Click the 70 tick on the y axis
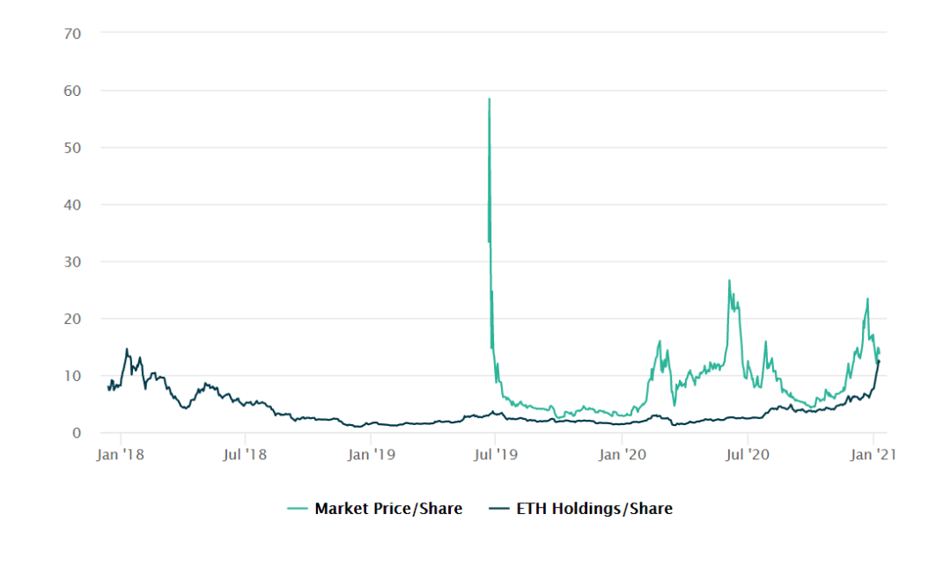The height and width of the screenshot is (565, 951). pos(73,33)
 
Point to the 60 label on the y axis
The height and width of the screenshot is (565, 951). pos(73,91)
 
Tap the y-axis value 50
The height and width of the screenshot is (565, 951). pos(73,148)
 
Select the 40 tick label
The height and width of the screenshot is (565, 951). pos(73,205)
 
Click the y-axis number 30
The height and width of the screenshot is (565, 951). pos(73,262)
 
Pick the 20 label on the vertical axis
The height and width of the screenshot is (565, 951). pos(73,319)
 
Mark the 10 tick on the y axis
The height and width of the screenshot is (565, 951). pos(73,376)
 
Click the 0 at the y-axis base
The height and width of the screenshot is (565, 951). pos(77,433)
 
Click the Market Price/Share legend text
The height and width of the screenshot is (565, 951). pos(388,509)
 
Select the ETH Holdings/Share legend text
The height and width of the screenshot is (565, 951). pos(594,509)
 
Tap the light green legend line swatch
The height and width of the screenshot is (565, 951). pos(298,509)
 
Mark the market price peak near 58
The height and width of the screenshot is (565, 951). pos(489,99)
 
